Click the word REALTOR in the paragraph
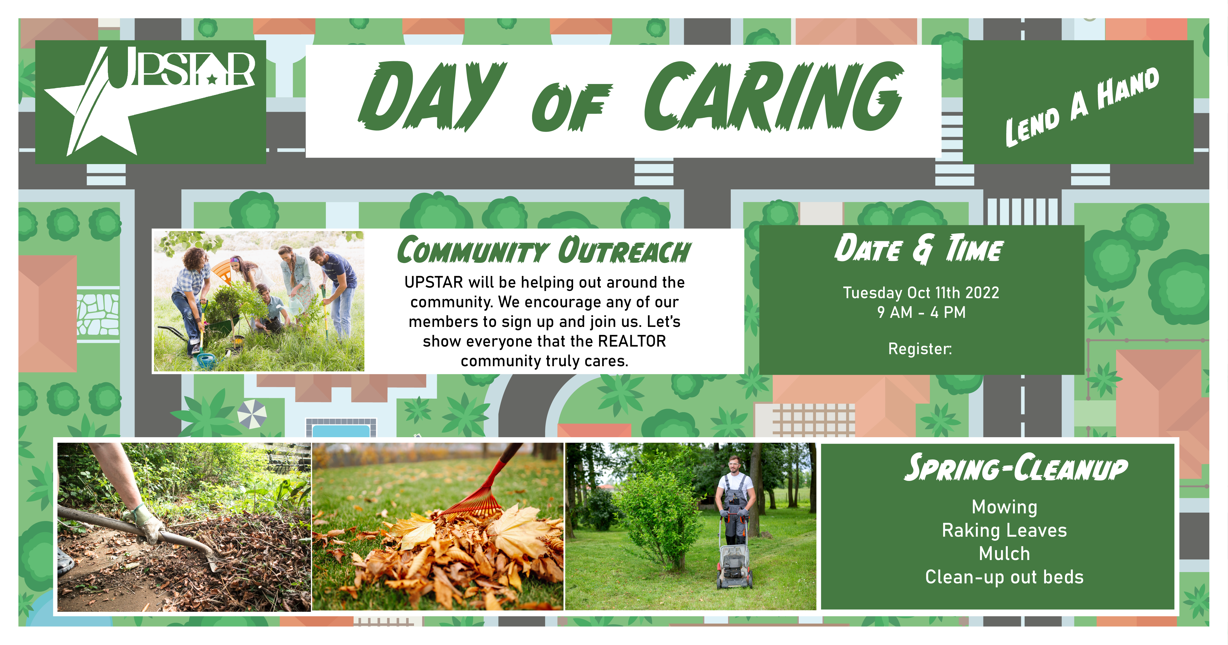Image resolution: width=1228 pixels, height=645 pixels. [632, 341]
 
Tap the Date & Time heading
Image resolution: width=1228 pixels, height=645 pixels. [919, 248]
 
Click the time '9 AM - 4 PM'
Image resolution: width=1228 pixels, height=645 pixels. [921, 312]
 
